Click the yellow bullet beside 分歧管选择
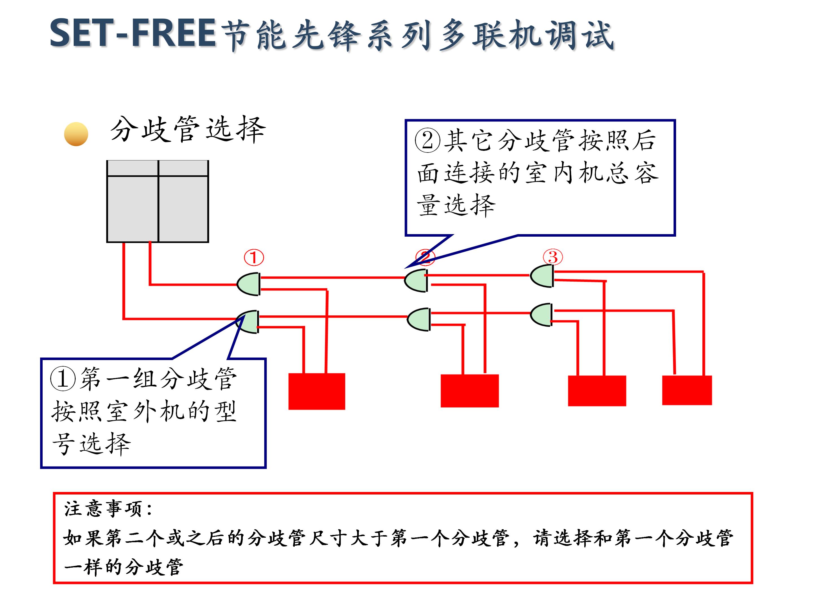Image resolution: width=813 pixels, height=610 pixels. coord(76,134)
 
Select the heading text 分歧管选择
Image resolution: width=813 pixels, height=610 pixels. coord(187,129)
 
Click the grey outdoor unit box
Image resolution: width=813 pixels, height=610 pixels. coord(158,201)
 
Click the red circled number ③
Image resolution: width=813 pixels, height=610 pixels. coord(553,257)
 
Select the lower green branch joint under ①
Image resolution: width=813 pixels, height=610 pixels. coord(248,321)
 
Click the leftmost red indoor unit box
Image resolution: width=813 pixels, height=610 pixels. coord(316,391)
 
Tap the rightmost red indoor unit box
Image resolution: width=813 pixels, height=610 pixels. coord(687,390)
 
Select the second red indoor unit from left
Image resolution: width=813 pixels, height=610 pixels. coord(469,391)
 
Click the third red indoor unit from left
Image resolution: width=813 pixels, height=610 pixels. coord(596,391)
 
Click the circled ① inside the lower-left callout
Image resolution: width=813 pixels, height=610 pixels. coord(63,379)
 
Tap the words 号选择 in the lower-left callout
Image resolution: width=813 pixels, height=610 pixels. coord(92,444)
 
